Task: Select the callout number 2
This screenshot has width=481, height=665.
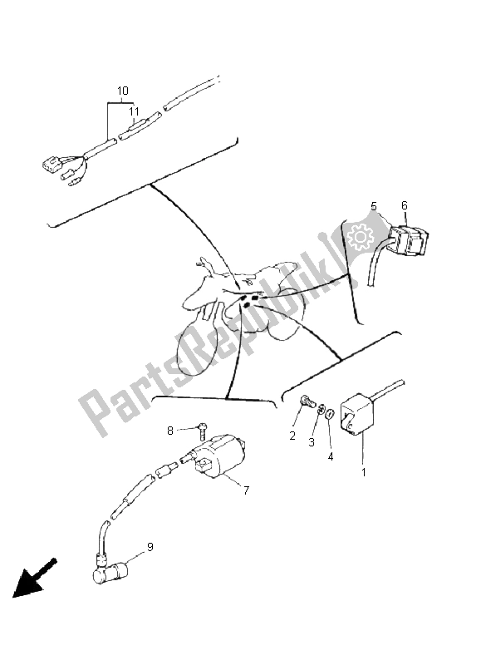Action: [292, 436]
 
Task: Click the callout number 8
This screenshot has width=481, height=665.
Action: [169, 431]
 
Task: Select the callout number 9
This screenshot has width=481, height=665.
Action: [150, 546]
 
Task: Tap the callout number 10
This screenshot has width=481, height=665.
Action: [122, 90]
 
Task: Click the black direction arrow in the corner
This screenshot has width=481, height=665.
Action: [33, 580]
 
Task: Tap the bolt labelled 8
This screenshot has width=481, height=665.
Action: [201, 432]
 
